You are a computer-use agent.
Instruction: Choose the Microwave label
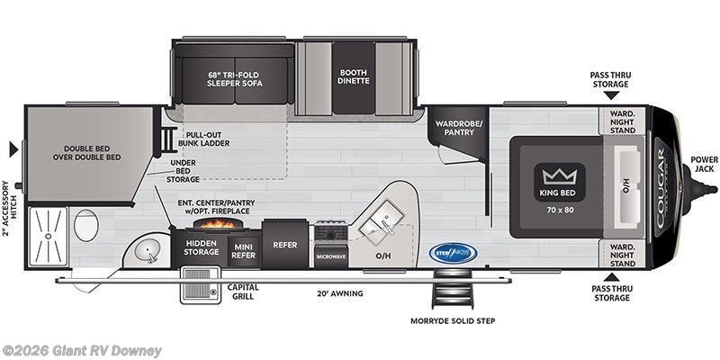click(330, 256)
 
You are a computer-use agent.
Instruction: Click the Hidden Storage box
click(202, 247)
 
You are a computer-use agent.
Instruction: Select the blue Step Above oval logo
click(453, 253)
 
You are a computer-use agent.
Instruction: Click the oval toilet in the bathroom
click(86, 225)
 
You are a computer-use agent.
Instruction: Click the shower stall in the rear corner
click(48, 237)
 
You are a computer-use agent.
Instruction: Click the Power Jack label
click(704, 165)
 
